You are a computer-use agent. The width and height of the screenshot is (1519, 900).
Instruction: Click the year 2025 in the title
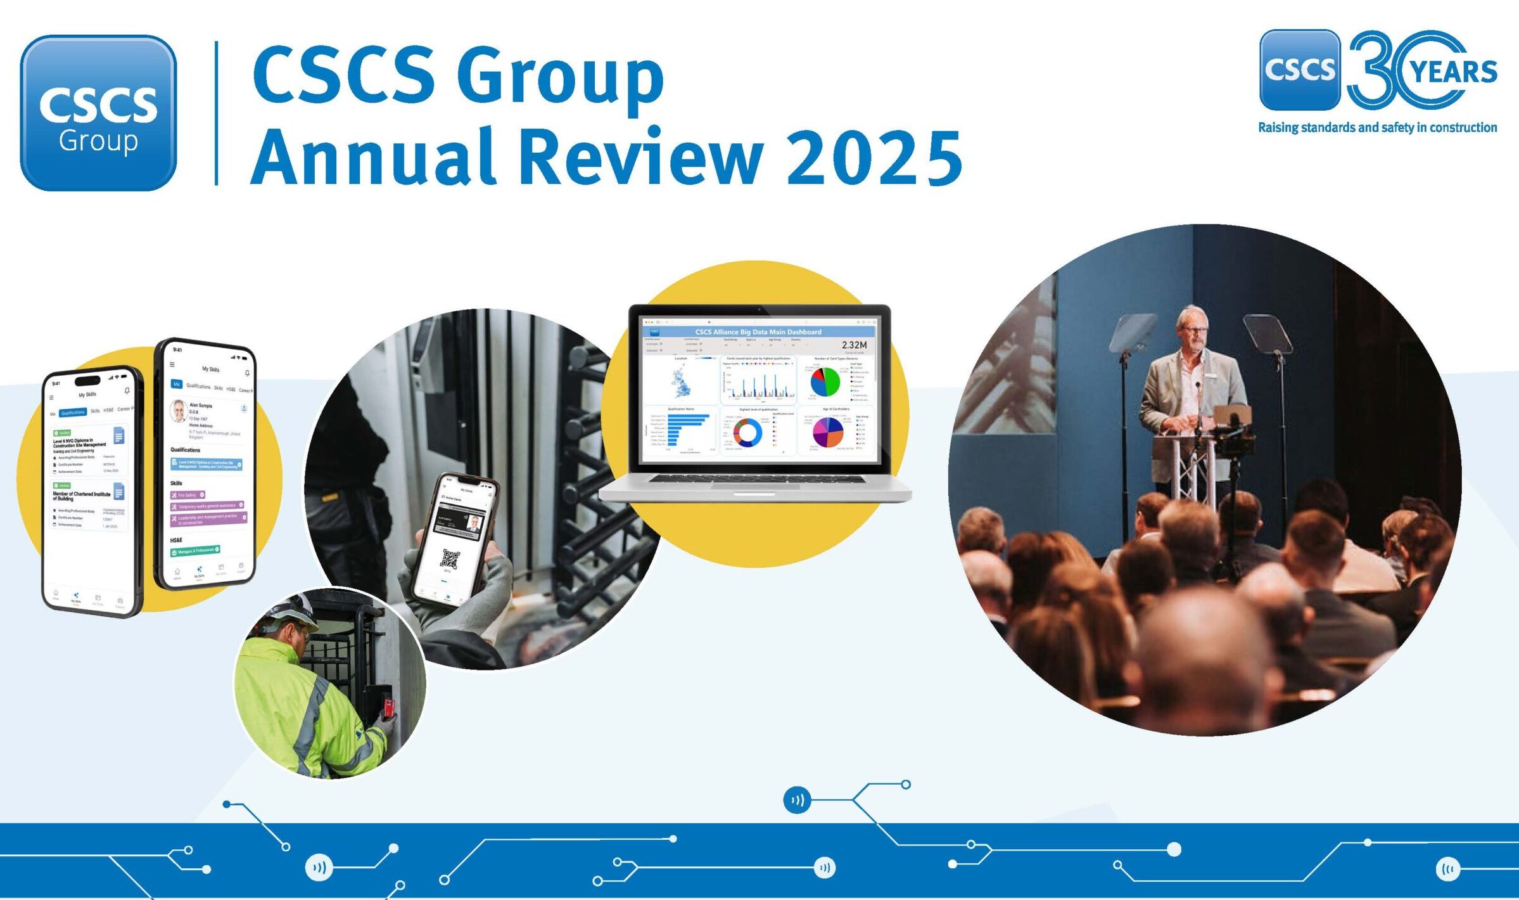pos(874,157)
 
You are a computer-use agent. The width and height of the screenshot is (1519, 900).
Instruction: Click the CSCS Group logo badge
pos(98,113)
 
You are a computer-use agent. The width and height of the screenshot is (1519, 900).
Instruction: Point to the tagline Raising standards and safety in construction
pos(1377,127)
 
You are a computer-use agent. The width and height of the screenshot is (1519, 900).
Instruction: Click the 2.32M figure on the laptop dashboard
pos(854,345)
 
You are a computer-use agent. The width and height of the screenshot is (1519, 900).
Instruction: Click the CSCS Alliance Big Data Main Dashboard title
pos(758,331)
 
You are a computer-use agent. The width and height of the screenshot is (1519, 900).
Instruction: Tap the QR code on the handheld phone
pos(450,558)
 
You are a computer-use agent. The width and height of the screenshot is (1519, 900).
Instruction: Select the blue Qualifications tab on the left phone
pos(73,413)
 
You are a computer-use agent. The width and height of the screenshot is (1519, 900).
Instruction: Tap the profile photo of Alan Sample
pos(179,411)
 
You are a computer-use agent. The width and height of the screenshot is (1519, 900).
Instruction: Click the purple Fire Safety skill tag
pos(187,494)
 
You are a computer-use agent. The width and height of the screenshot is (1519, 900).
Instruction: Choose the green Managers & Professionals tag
pos(195,551)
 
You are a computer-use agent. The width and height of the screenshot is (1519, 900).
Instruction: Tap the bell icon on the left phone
pos(127,390)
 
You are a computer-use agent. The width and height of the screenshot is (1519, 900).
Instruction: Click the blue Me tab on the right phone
pos(176,384)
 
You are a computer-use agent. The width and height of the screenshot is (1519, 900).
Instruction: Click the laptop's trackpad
pos(754,494)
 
